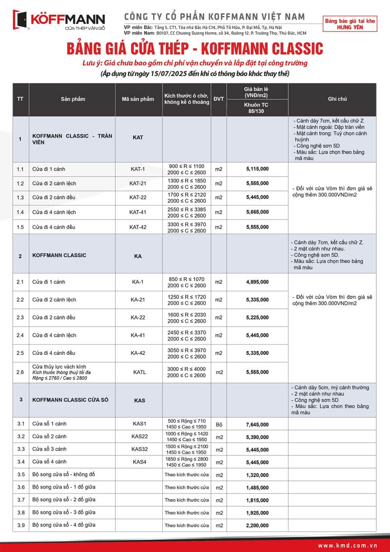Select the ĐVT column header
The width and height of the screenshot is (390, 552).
219,99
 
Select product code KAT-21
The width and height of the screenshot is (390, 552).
138,184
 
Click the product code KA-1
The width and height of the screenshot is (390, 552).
138,282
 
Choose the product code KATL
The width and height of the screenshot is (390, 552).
139,372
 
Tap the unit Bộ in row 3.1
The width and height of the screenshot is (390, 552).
219,425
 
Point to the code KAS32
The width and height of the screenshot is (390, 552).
139,449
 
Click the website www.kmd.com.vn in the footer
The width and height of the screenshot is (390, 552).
347,545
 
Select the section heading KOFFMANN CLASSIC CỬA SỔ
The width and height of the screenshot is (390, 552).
70,400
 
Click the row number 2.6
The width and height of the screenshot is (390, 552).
20,372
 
